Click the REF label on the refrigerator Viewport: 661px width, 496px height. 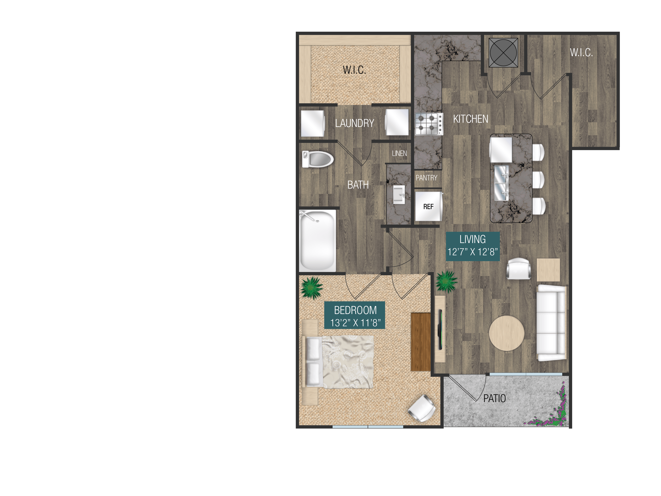pos(428,207)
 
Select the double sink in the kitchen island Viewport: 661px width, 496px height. pos(501,183)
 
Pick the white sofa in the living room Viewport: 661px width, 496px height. pos(551,323)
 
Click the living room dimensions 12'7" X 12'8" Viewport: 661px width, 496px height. pos(472,252)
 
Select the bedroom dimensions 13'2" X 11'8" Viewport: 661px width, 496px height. pos(355,323)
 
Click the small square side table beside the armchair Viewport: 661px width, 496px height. pos(548,270)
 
